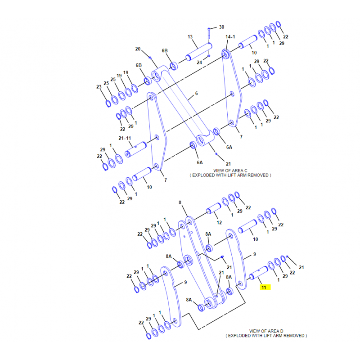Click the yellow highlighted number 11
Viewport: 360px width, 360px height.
(x=264, y=288)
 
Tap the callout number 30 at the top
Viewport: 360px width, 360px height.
(x=221, y=27)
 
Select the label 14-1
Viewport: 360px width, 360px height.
(x=230, y=37)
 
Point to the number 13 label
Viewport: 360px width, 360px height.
(x=190, y=37)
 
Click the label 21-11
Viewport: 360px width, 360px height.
(x=125, y=138)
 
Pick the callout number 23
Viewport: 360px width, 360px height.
(x=99, y=87)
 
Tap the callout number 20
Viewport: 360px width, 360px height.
(x=138, y=49)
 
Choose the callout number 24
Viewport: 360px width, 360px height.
(x=199, y=63)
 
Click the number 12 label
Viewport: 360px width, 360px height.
(x=219, y=222)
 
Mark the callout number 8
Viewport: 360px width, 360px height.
(x=180, y=202)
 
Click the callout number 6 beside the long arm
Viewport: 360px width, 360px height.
(x=197, y=94)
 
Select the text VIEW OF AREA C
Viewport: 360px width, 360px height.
(x=230, y=171)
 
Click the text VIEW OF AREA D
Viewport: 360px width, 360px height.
(x=266, y=331)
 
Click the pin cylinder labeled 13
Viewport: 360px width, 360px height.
(x=199, y=52)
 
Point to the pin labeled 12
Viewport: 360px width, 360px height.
(x=213, y=208)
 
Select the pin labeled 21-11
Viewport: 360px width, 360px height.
(x=136, y=149)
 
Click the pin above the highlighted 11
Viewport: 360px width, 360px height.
(x=258, y=273)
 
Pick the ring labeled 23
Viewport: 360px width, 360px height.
(x=108, y=103)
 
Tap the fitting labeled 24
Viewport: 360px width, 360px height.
(x=209, y=56)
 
